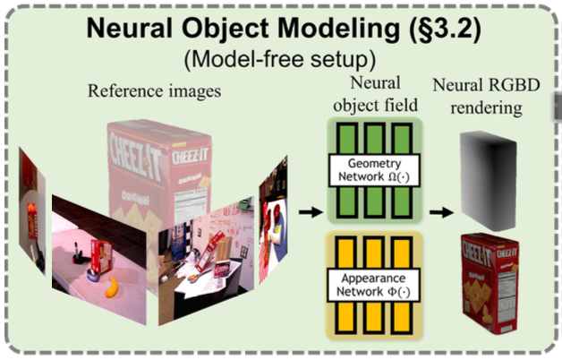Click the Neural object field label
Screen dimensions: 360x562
point(369,98)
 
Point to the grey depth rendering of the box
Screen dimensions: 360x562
point(489,174)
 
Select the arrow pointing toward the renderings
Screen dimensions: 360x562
point(436,212)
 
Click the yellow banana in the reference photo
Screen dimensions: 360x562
point(112,287)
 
